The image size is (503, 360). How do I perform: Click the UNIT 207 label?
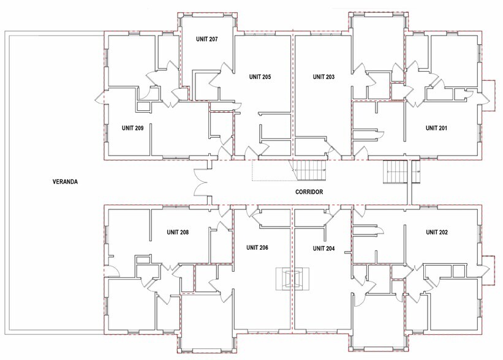207,39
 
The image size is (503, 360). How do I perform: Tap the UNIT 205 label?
260,77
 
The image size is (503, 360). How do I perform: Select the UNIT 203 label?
323,77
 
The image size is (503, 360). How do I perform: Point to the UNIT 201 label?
437,128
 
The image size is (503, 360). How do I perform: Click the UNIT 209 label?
132,128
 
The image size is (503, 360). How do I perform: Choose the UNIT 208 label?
178,233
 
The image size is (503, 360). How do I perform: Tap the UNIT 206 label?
257,248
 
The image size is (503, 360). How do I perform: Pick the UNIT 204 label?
323,248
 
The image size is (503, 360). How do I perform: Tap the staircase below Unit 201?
395,171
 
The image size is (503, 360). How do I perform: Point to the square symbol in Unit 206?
292,279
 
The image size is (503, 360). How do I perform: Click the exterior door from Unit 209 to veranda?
98,97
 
